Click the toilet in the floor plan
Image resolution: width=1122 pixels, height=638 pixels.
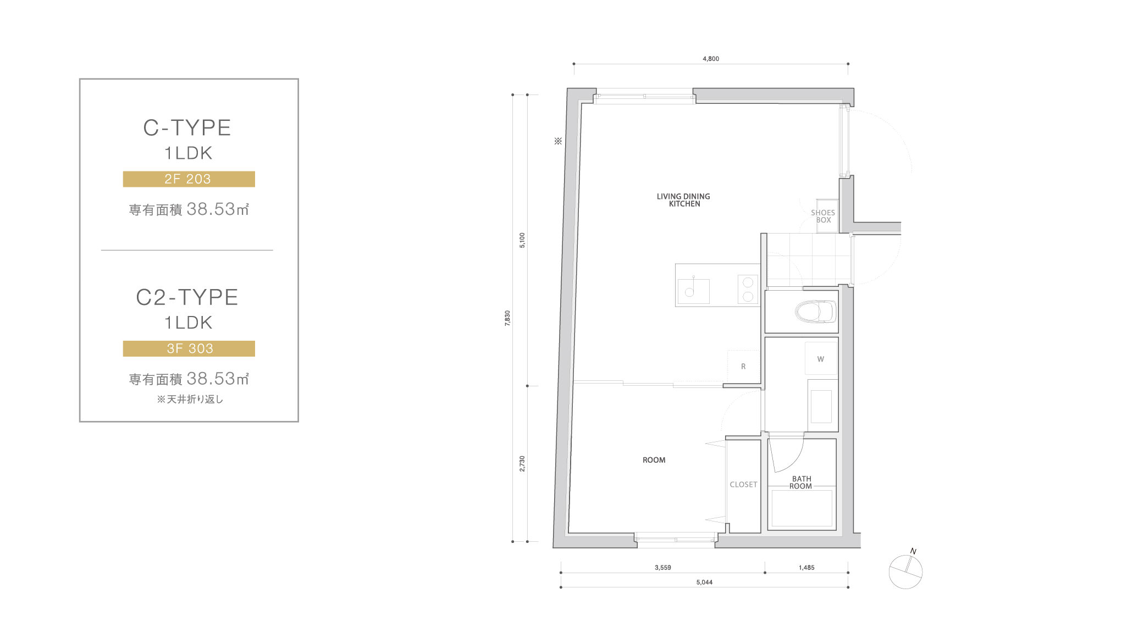(815, 312)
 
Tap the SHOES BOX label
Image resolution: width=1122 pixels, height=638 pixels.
(823, 216)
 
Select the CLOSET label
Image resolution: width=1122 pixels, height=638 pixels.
(743, 484)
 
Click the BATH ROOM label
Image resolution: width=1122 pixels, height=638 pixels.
(801, 482)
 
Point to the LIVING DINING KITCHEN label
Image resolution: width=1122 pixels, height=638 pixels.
(683, 200)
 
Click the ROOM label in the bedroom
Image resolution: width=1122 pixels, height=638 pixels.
(654, 460)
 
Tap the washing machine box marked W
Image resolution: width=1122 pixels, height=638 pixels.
(821, 358)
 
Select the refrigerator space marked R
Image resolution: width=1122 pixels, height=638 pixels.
(743, 366)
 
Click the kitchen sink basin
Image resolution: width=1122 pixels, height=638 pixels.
(693, 291)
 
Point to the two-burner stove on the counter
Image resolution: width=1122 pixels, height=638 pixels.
(748, 289)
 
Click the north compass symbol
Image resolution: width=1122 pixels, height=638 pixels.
(905, 571)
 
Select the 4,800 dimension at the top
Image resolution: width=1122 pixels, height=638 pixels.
(711, 58)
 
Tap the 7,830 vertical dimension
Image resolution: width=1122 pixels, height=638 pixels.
(507, 318)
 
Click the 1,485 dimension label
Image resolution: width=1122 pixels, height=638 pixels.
(806, 568)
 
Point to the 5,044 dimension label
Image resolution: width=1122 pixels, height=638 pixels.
(704, 582)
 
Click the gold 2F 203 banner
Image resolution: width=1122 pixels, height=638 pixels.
(189, 179)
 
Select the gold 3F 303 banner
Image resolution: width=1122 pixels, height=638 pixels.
(189, 349)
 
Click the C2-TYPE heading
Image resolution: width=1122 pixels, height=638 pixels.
(187, 297)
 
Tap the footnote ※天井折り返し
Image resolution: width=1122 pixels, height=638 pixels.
(190, 400)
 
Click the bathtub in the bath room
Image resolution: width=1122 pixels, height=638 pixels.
(802, 508)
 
